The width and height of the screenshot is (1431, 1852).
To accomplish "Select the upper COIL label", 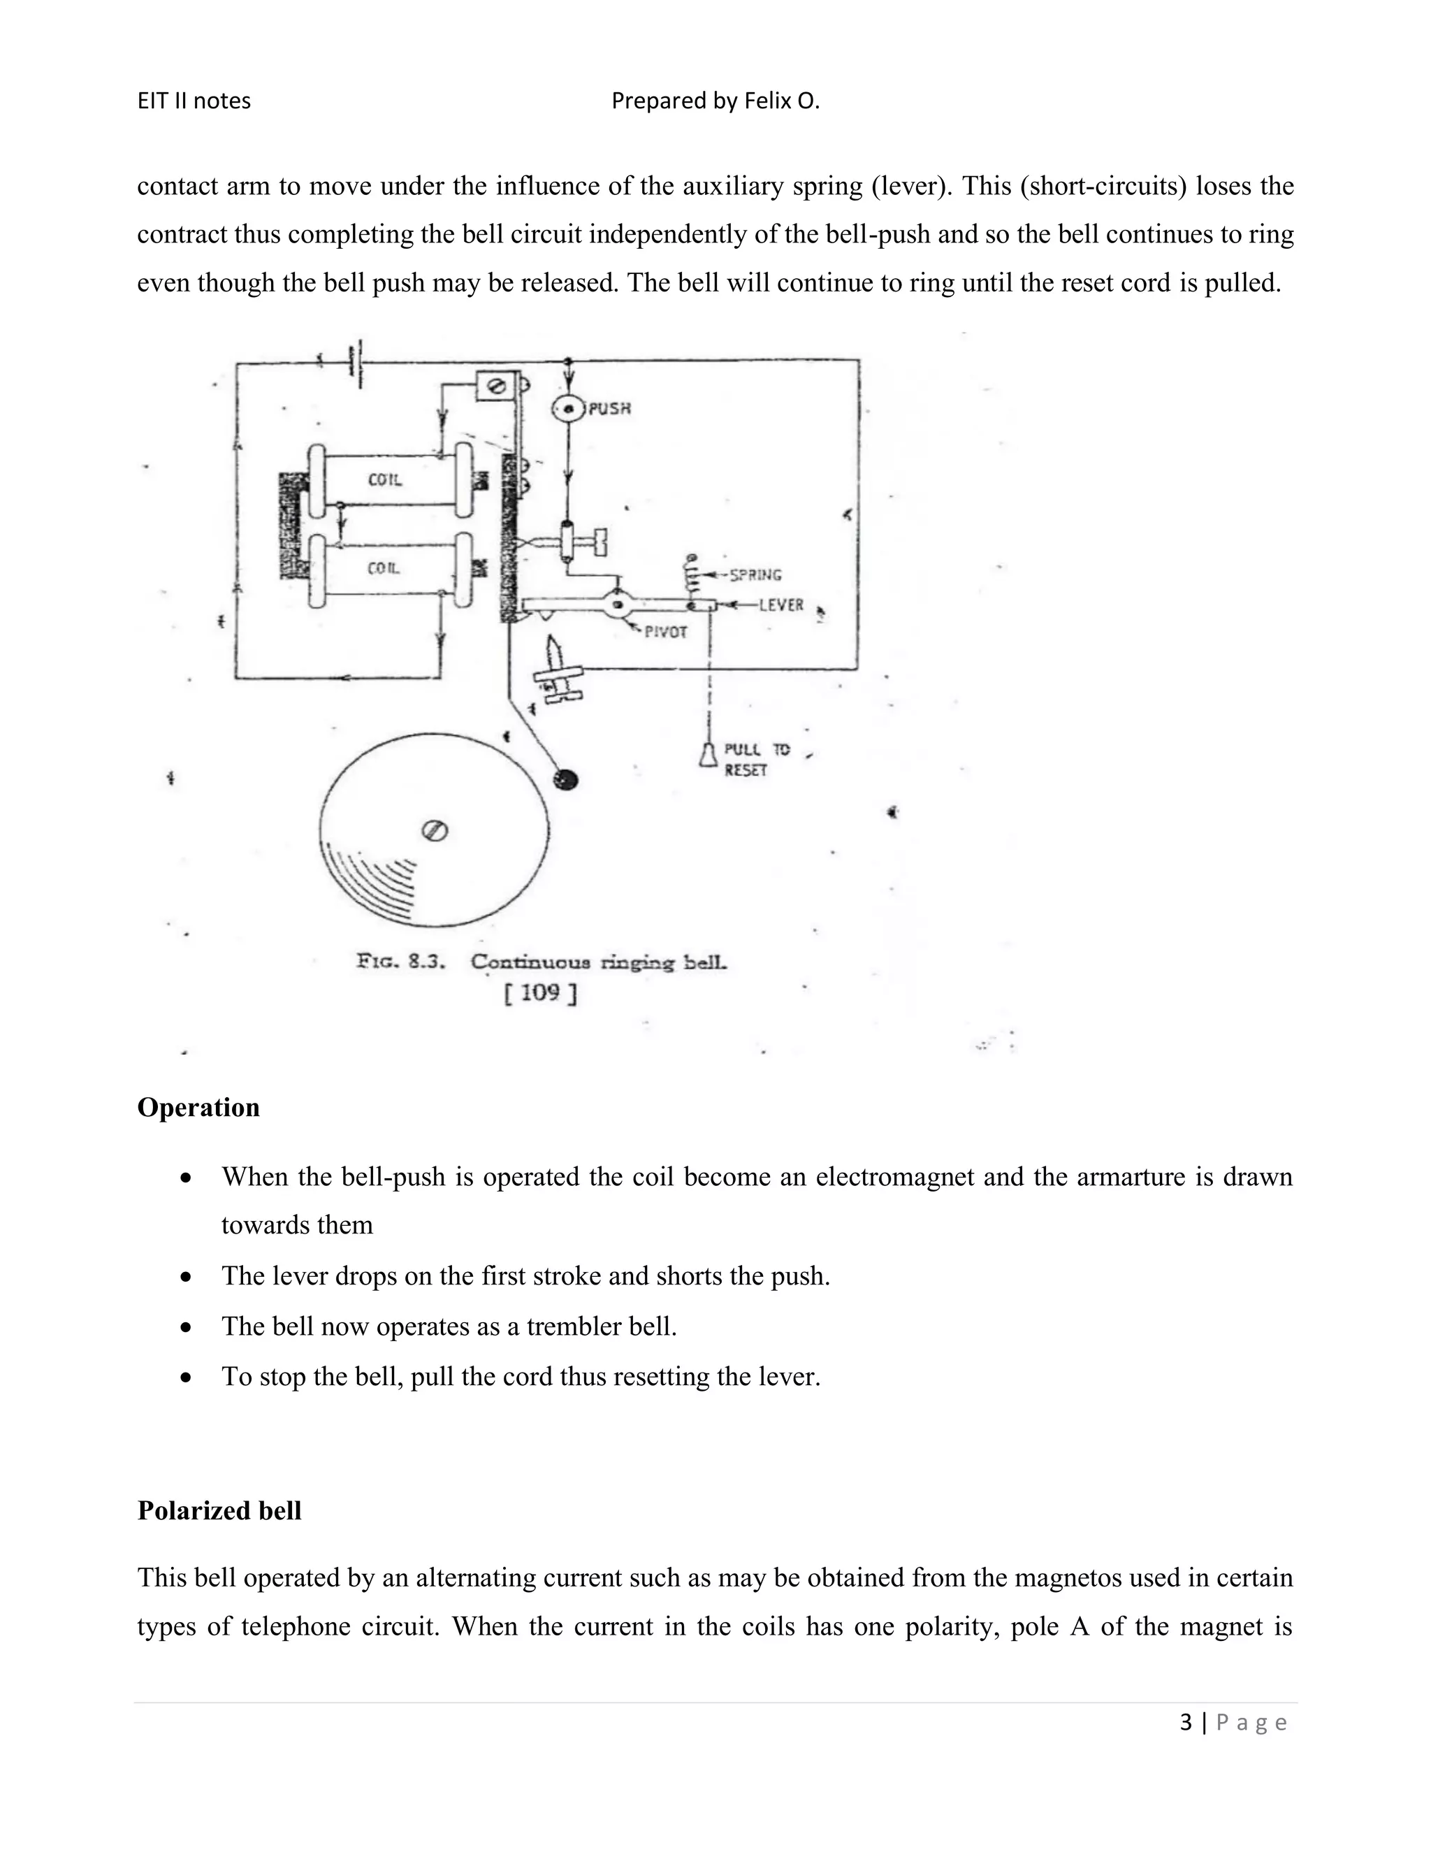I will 384,480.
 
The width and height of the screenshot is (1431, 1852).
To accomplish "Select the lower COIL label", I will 383,568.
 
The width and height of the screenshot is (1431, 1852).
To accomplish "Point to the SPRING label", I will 755,575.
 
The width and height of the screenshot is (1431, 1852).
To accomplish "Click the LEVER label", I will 780,605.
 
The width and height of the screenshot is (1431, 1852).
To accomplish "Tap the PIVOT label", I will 665,632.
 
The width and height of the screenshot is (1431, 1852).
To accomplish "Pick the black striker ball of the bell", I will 565,779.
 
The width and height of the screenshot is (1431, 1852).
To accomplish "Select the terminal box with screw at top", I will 495,386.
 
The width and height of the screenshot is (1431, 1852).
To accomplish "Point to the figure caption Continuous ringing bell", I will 599,962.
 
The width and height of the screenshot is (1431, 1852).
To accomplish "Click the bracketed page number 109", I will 540,993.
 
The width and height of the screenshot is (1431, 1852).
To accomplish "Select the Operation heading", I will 198,1108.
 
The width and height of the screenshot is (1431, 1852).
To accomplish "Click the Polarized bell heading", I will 219,1511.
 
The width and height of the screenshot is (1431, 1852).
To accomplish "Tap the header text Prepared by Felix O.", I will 715,101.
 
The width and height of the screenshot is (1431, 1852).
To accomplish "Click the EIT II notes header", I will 194,101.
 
